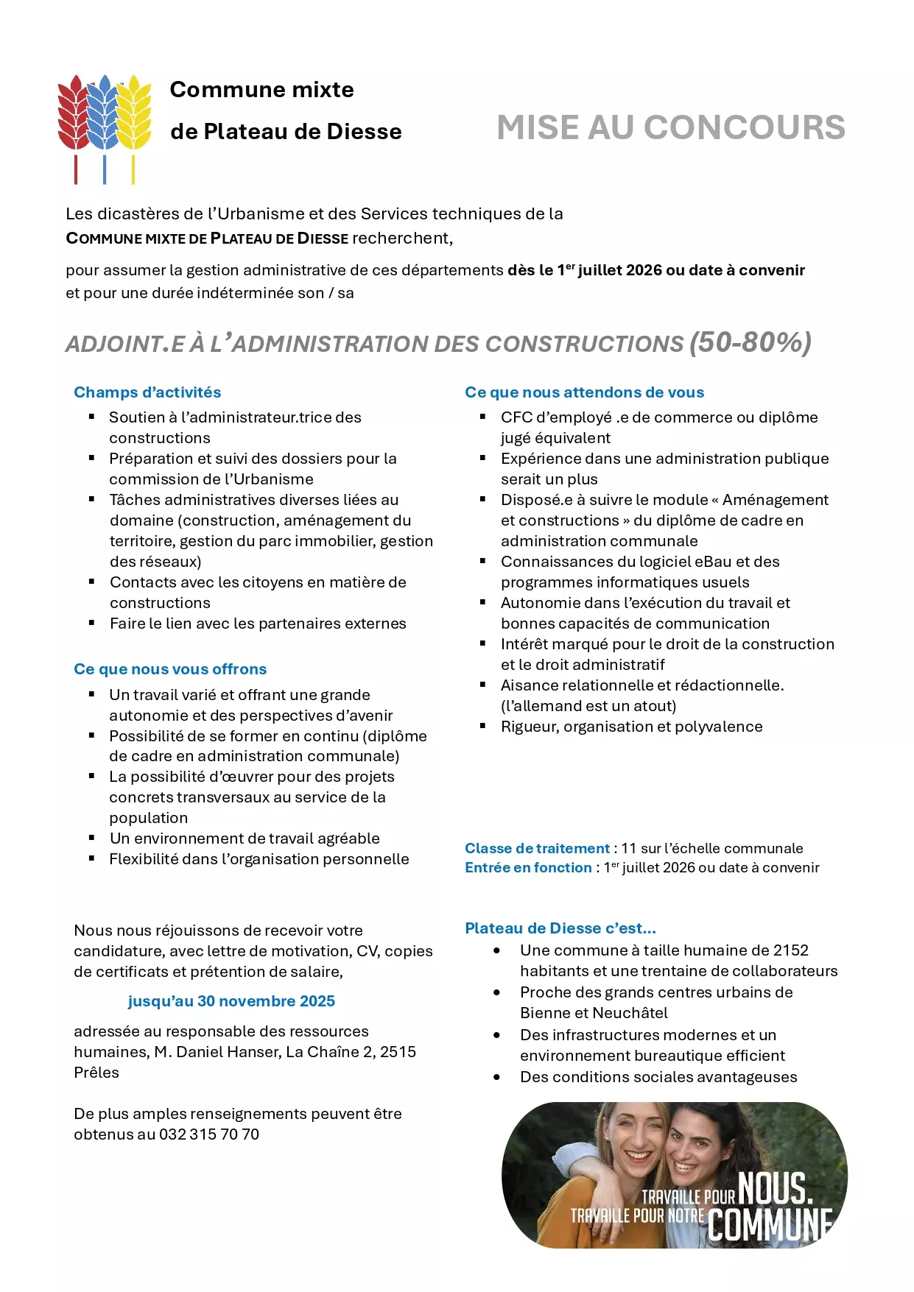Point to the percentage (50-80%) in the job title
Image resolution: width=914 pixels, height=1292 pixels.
coord(750,342)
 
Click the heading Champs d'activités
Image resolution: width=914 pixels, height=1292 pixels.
coord(147,392)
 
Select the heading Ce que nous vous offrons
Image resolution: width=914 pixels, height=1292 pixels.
coord(170,669)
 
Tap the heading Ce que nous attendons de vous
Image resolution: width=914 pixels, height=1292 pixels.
coord(584,392)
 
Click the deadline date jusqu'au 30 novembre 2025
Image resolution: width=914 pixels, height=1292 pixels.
coord(231,1001)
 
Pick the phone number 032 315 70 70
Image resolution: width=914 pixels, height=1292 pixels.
coord(209,1134)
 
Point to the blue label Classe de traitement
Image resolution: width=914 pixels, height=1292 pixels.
coord(537,848)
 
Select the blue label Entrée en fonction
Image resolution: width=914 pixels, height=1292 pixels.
coord(528,868)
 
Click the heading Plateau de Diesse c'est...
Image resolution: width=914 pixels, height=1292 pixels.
coord(560,928)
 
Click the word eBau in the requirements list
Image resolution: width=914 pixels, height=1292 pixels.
coord(713,562)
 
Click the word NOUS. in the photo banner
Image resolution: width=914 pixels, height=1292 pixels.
coord(775,1188)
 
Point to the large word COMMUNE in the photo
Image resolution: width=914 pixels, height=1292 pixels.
coord(770,1225)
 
